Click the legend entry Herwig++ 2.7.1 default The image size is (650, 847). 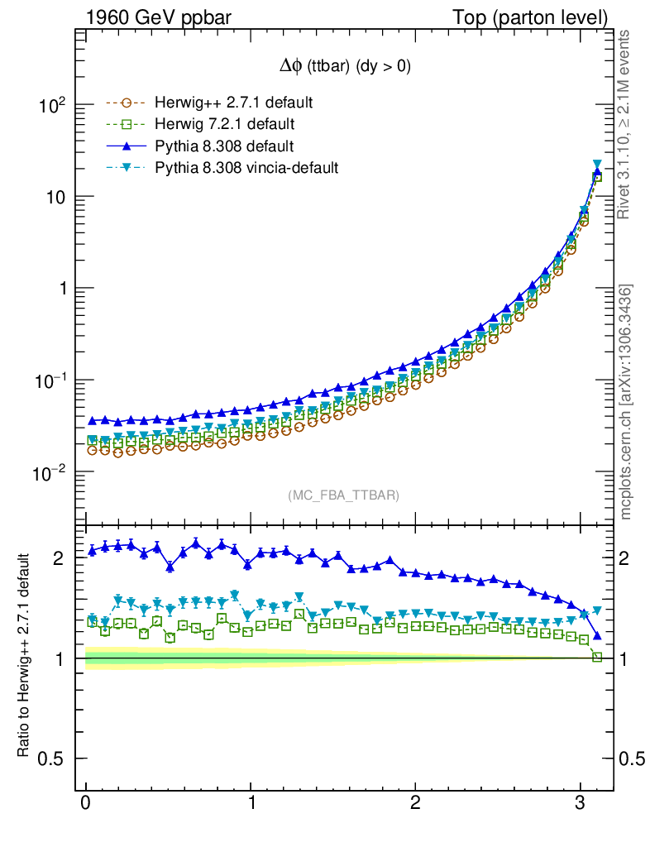pos(233,103)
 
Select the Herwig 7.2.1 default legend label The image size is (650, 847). pos(225,125)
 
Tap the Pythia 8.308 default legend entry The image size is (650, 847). pos(224,146)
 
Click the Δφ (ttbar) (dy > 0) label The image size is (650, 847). pos(344,68)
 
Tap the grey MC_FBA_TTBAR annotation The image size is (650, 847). pos(344,495)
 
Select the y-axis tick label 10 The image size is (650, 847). pos(56,197)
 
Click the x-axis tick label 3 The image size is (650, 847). pos(581,804)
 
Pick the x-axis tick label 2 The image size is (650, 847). pos(415,804)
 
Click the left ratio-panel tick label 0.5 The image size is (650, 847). pos(53,758)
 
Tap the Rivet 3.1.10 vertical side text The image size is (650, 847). pos(625,124)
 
